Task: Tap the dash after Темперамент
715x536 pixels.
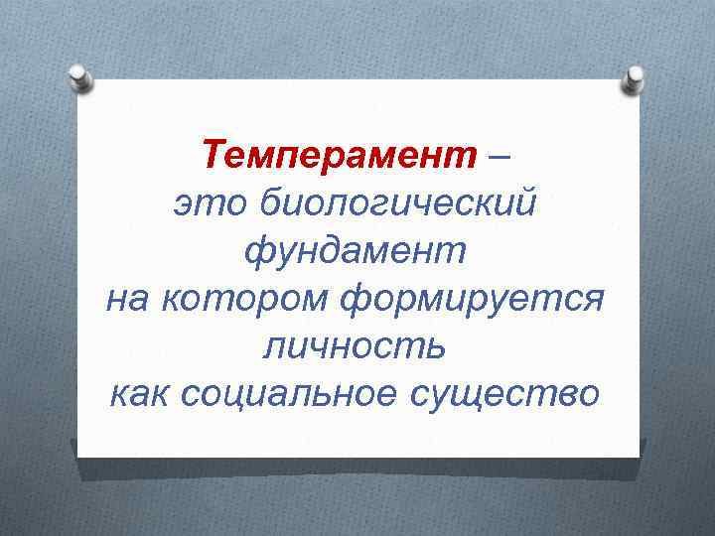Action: coord(501,157)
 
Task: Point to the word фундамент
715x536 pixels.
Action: coord(355,251)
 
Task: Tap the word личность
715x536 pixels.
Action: coord(355,346)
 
